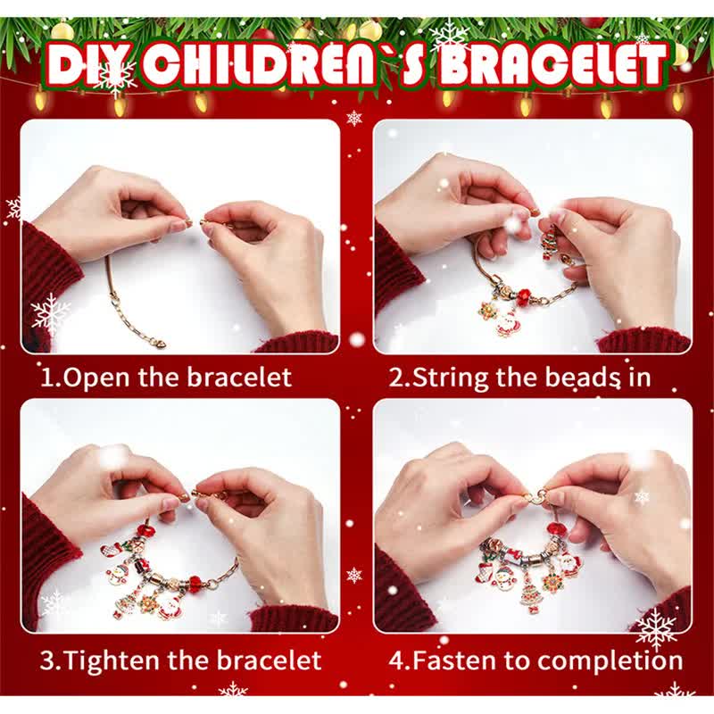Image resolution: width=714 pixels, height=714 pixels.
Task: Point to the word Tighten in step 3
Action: pyautogui.click(x=111, y=660)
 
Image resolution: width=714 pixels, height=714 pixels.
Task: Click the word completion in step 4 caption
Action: pyautogui.click(x=610, y=660)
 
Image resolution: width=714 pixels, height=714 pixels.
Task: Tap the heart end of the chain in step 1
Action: pyautogui.click(x=158, y=341)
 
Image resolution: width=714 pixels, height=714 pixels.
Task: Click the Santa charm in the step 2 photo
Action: pyautogui.click(x=506, y=324)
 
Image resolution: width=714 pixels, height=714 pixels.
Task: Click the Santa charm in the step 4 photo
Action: pyautogui.click(x=569, y=563)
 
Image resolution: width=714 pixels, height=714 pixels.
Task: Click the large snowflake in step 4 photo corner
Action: pyautogui.click(x=656, y=629)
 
